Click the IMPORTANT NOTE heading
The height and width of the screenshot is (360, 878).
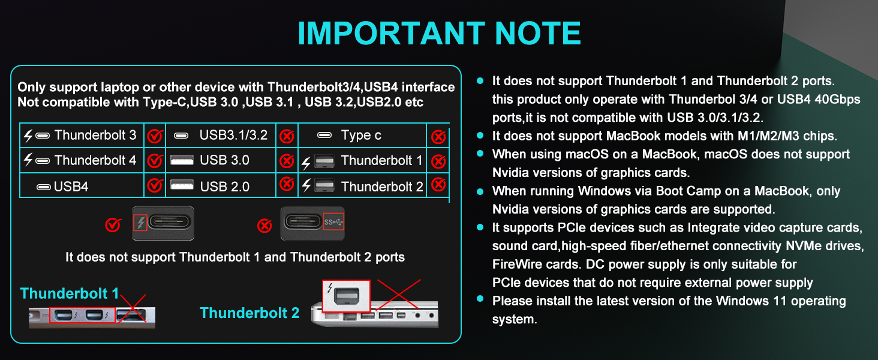click(439, 34)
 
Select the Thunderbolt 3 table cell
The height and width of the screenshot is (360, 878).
click(82, 136)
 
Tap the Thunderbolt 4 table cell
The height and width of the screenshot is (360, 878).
click(82, 160)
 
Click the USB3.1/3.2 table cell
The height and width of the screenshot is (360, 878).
click(221, 136)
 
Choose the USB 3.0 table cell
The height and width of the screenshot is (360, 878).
click(221, 160)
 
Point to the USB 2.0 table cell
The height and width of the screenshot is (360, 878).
click(221, 187)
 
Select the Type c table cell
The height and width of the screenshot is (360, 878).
click(361, 136)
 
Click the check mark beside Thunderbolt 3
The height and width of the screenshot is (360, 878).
click(155, 137)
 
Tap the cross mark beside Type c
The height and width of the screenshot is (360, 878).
click(438, 137)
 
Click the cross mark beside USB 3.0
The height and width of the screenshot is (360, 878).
click(287, 161)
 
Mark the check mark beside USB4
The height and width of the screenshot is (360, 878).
click(155, 185)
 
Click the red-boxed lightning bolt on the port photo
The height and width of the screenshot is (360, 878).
click(140, 224)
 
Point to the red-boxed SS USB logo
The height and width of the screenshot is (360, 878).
click(334, 223)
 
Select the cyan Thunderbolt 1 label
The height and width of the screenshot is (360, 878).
click(70, 293)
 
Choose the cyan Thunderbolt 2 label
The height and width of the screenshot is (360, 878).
click(249, 313)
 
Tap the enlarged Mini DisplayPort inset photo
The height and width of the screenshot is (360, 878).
click(347, 296)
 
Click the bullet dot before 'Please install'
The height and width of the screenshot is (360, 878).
click(480, 299)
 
